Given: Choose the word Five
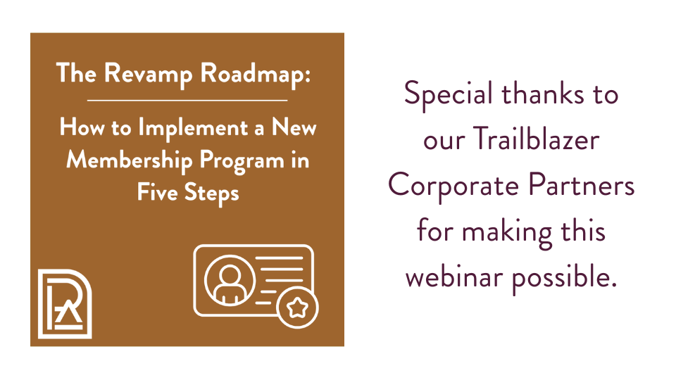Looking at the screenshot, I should pyautogui.click(x=157, y=191).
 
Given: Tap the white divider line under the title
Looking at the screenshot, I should pyautogui.click(x=187, y=100).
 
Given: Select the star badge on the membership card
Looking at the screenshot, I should pyautogui.click(x=297, y=307).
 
